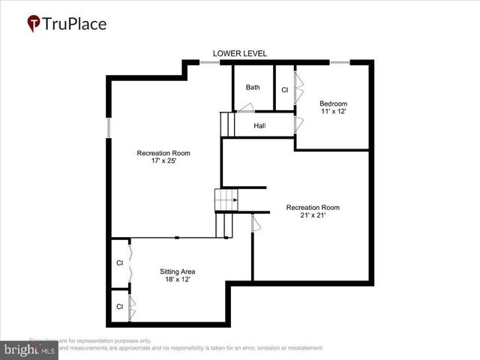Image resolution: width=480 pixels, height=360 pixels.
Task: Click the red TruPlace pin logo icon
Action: pos(34,24)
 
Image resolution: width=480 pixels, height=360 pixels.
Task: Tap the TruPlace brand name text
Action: pos(75,24)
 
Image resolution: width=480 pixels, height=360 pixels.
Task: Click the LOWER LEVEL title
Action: pos(240,53)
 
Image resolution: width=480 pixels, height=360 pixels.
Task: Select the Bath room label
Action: pos(253,88)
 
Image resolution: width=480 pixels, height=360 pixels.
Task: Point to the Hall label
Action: pos(259,125)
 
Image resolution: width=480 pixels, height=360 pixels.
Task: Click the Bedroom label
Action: pos(333,103)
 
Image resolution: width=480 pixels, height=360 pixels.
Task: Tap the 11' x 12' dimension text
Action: pos(333,112)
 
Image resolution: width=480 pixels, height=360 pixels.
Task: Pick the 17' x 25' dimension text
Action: pos(163,161)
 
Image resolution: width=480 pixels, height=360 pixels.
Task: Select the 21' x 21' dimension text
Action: pos(313,215)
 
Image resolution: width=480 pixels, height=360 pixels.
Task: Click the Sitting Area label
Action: pos(178,271)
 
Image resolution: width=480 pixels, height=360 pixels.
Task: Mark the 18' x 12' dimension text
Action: pos(178,280)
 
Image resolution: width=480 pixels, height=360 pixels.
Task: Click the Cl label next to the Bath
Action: pos(285,90)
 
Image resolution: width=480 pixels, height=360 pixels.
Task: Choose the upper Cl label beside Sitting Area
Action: pos(119,263)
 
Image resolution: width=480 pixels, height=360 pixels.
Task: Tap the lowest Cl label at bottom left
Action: pos(119,307)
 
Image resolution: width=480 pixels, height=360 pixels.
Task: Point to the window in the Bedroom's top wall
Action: pos(340,62)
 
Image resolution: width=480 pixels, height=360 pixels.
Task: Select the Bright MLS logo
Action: pos(29,350)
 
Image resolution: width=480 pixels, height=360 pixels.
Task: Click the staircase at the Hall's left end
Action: pos(227,124)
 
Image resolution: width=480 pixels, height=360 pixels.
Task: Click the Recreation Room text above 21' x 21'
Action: pos(313,207)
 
